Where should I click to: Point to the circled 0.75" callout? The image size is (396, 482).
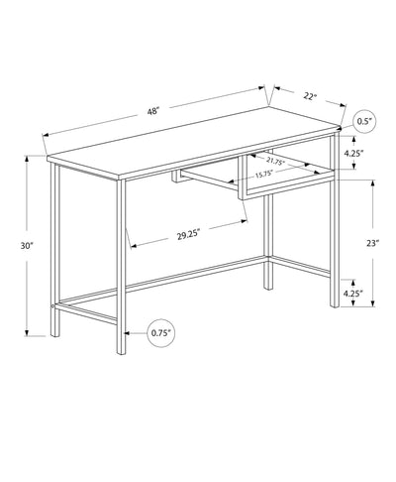point(161,332)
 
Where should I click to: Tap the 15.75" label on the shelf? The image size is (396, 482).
point(263,176)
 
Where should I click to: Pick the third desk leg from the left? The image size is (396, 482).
point(267,238)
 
